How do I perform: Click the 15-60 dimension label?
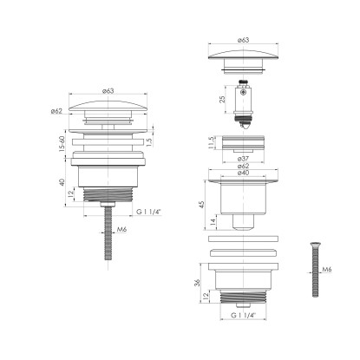[x=62, y=143]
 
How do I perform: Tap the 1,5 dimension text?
[x=149, y=141]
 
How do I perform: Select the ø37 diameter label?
[x=243, y=159]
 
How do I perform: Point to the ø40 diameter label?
[x=243, y=173]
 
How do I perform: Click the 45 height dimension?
[x=202, y=204]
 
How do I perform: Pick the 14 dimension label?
[x=213, y=222]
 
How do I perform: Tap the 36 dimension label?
[x=197, y=283]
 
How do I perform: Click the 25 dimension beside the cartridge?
[x=222, y=99]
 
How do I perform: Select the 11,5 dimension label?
[x=211, y=142]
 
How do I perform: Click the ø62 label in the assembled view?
[x=56, y=111]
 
